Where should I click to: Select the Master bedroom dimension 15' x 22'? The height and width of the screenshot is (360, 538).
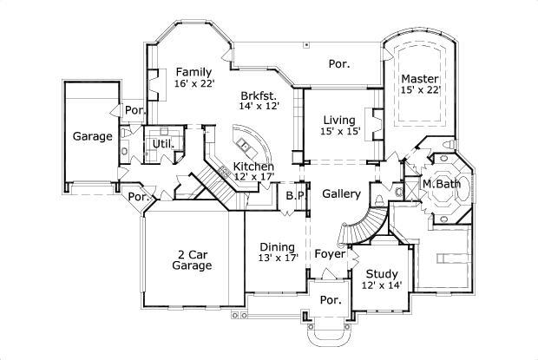[421, 89]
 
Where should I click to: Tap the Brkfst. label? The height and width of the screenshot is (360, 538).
[259, 95]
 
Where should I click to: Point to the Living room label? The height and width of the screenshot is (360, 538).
[338, 120]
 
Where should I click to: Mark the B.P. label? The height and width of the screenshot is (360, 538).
[296, 195]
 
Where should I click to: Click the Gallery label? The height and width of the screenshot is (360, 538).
[341, 193]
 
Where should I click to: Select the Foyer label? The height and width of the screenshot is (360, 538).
[330, 255]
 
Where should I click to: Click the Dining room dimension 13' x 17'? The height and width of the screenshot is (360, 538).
[278, 258]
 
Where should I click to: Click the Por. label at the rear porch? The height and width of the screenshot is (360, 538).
[338, 62]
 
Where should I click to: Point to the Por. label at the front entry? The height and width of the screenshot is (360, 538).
[330, 299]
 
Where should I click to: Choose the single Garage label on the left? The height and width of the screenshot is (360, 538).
[91, 136]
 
